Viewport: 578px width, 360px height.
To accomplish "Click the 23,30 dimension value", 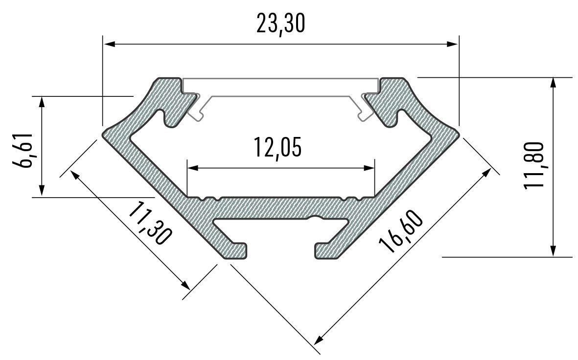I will tap(280, 24).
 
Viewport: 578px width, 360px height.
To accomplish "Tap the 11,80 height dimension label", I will tap(533, 165).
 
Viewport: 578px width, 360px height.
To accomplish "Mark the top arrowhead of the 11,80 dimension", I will tap(553, 82).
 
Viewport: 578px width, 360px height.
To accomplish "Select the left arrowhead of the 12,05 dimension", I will tap(192, 168).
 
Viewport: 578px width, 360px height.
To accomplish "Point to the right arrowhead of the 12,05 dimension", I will tap(369, 168).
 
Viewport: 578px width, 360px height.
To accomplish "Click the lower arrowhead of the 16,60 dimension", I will tap(319, 339).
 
